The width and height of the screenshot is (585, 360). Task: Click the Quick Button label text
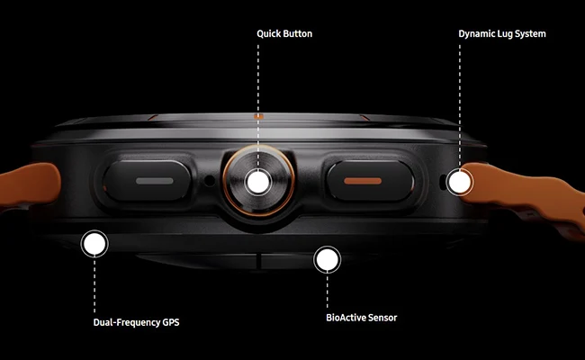coord(284,33)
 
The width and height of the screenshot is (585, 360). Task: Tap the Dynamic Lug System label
coord(502,34)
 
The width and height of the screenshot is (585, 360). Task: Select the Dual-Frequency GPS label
coord(136,322)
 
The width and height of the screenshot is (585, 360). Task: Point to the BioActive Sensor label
coord(362,318)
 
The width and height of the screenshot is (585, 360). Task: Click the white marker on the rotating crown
coord(258,182)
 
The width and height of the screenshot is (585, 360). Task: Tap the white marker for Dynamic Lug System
coord(460,182)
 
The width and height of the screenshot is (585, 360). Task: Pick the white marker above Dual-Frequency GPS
coord(94,243)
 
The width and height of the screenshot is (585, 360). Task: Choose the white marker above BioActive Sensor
coord(328,259)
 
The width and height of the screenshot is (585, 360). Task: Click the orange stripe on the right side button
coord(363,181)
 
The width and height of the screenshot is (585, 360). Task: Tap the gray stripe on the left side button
coord(155,181)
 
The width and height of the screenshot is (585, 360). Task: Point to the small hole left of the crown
coord(210,181)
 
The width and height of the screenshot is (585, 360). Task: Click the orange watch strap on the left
coord(29,185)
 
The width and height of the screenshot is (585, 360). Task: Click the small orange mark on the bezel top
coord(258,116)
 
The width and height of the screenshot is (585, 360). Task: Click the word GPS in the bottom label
coord(171,322)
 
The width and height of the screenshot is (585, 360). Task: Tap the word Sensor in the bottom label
coord(382,318)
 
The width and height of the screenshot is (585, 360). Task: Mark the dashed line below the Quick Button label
coord(258,106)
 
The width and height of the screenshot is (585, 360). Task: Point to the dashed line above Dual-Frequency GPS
coord(94,285)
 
